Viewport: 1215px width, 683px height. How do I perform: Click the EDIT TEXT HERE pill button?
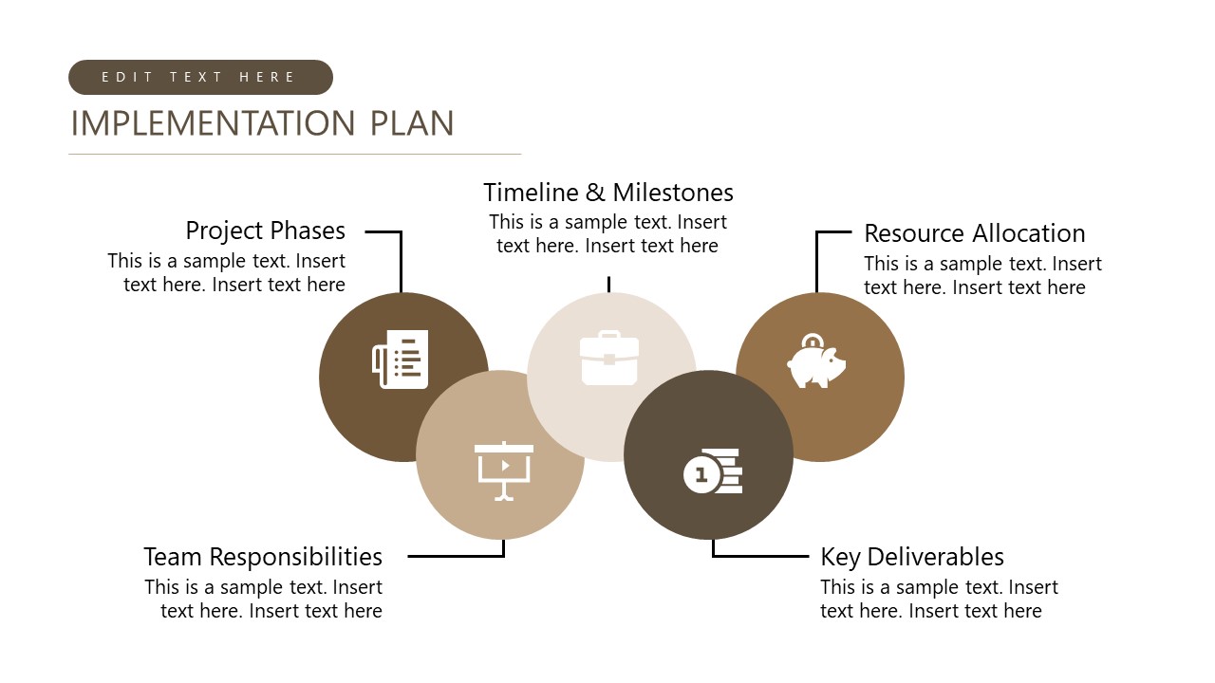tap(200, 78)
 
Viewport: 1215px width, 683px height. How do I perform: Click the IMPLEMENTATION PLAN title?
tap(262, 123)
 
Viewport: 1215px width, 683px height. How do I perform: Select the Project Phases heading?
tap(265, 231)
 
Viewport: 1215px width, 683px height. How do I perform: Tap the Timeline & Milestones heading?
tap(607, 193)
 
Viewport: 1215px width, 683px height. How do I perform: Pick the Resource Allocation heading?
tap(974, 233)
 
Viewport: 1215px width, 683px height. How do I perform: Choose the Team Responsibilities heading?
tap(263, 556)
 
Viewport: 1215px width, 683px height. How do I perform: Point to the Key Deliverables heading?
tap(911, 557)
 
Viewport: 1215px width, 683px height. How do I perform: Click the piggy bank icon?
tap(815, 362)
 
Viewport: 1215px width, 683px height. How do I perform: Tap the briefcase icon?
tap(609, 359)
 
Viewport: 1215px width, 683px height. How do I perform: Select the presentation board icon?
tap(504, 471)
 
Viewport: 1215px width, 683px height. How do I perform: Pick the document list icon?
tap(401, 360)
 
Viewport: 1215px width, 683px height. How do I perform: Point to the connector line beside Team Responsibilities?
tap(456, 556)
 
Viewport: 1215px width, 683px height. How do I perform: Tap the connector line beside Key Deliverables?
tap(759, 556)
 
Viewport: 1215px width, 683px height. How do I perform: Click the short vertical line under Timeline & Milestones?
tap(608, 285)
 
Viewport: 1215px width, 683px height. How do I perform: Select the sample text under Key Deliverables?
tap(938, 600)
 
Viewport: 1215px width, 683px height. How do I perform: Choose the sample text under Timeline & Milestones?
tap(607, 234)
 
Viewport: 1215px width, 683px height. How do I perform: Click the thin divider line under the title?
tap(295, 154)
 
